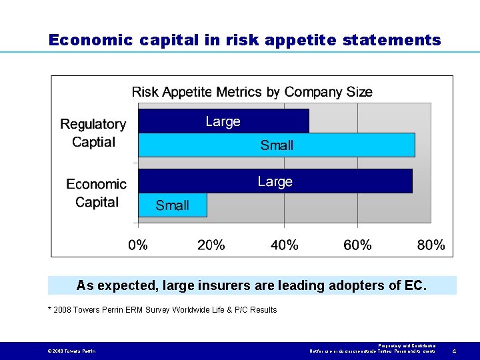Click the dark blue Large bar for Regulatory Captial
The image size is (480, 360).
coord(223,121)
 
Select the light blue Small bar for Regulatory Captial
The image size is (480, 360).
coord(276,145)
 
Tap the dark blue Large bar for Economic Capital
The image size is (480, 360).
coord(275,181)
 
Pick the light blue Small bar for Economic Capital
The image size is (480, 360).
coord(172,205)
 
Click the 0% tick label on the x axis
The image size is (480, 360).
coord(138,245)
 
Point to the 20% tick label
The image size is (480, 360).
coord(211,245)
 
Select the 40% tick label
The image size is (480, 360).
coord(285,245)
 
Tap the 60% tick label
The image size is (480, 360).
coord(357,245)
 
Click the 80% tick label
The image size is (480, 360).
coord(431,245)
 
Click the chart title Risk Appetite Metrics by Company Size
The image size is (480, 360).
coord(252,92)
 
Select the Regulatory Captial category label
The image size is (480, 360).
coord(93,133)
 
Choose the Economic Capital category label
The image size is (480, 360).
coord(97,193)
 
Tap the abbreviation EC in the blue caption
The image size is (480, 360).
coord(413,285)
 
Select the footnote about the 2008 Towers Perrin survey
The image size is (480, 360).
coord(162,309)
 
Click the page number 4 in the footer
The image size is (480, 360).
coord(454,351)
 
